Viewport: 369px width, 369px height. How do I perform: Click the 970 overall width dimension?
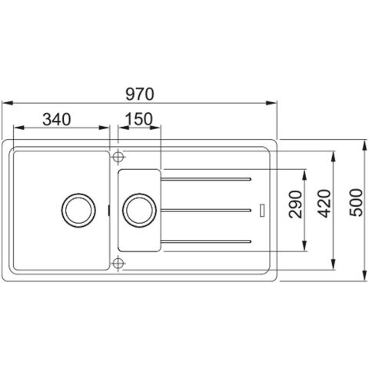pos(140,94)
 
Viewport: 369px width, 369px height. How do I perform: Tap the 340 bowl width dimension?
pos(56,119)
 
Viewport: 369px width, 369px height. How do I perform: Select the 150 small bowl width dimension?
pos(139,119)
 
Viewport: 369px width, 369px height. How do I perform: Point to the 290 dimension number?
pos(295,204)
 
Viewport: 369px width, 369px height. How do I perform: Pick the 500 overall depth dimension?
pos(357,203)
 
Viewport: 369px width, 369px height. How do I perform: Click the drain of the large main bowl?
pos(78,211)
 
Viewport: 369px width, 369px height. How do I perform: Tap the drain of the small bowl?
pos(139,211)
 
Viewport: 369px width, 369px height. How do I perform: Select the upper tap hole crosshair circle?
pos(118,156)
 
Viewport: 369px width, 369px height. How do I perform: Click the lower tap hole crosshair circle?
pos(118,263)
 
